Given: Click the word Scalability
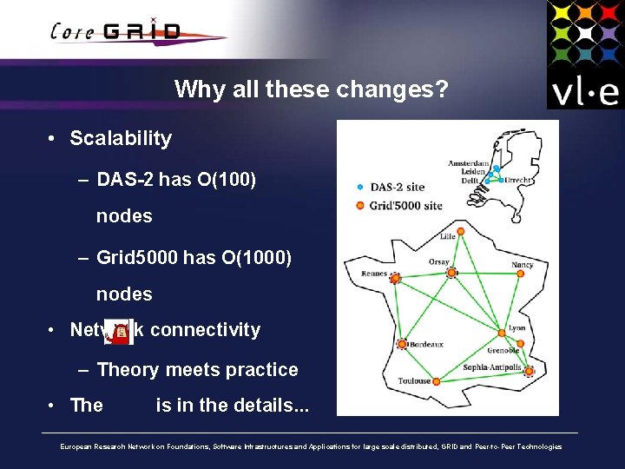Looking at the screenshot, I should [x=121, y=138].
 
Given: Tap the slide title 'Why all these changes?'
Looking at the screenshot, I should [x=311, y=89].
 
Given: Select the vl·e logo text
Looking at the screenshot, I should [x=584, y=90].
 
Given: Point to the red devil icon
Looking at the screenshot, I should [x=121, y=331].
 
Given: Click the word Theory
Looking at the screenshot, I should [x=128, y=370].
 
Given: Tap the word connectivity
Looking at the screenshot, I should [x=205, y=330].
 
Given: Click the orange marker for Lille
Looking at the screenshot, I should [x=460, y=231].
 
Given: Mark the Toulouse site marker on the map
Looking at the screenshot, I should [x=437, y=380].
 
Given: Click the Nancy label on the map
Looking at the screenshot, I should [x=522, y=265].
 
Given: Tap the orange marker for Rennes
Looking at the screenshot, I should [x=395, y=279].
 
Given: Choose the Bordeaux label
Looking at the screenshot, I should [x=426, y=345].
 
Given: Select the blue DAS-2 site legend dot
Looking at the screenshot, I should [x=360, y=187].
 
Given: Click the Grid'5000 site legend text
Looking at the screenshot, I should [x=406, y=206].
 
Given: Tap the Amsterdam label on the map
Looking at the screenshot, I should [x=469, y=163].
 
